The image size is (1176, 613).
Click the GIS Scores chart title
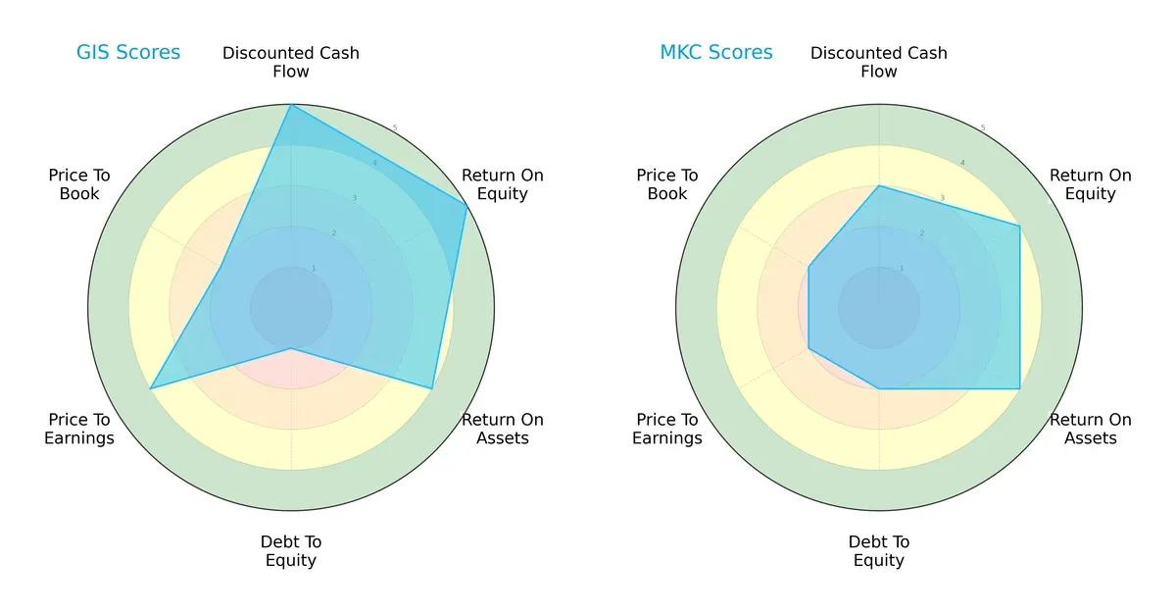[128, 53]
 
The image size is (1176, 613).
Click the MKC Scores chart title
[715, 53]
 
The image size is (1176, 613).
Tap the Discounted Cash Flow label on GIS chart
[291, 62]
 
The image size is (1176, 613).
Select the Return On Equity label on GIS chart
[503, 184]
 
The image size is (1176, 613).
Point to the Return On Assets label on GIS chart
[503, 429]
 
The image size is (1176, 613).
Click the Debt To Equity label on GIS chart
[291, 551]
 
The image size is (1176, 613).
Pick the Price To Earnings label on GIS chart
[79, 429]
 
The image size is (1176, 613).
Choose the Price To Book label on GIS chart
[79, 184]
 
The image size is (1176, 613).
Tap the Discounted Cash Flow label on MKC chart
[879, 62]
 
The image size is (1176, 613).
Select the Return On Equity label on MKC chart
[1091, 184]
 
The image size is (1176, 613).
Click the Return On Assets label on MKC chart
[1091, 429]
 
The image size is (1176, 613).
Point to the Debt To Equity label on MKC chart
[879, 551]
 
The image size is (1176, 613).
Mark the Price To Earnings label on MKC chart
[667, 429]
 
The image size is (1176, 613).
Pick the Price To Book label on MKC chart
[667, 184]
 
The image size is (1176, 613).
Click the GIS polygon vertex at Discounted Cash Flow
[291, 105]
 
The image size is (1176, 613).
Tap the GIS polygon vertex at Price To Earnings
[150, 389]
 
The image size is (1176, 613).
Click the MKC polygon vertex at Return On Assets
[1020, 389]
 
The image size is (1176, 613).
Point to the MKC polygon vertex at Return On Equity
[1020, 227]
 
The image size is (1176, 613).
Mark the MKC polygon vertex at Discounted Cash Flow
[879, 186]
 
